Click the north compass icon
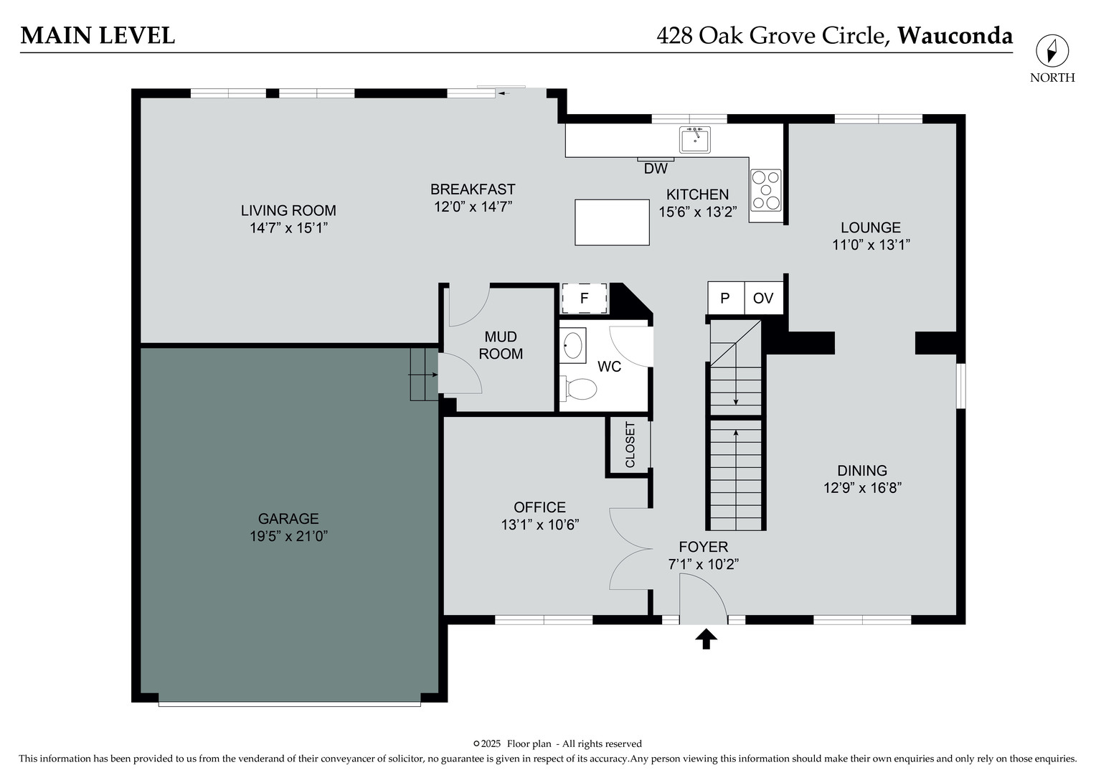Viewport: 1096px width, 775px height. coord(1052,52)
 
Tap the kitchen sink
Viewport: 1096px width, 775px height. coord(694,139)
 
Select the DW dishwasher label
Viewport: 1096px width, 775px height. coord(656,169)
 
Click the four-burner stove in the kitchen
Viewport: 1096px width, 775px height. coord(766,191)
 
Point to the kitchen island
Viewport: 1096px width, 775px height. coord(612,222)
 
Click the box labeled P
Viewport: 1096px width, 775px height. coord(725,298)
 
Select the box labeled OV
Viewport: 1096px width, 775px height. coord(763,298)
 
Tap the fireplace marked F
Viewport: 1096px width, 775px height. coord(584,298)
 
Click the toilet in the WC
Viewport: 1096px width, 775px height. coord(580,389)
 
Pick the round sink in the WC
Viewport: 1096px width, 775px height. coord(572,344)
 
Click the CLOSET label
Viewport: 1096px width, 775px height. coord(630,445)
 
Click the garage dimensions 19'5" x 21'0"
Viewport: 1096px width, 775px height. coord(288,536)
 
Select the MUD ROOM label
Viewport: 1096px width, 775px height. coord(501,345)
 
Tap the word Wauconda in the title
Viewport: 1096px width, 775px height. coord(955,35)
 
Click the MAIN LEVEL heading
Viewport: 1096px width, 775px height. coord(98,35)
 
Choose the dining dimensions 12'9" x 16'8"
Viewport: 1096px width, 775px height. coord(862,488)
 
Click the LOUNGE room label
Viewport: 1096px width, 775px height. coord(871,227)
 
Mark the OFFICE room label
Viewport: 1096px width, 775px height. coord(539,507)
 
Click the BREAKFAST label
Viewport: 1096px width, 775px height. coord(473,189)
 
